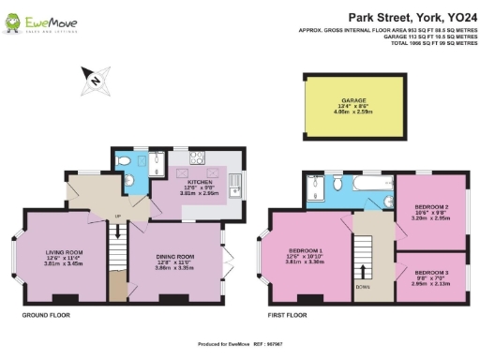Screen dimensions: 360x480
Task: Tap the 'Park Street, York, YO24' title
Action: [x=408, y=17]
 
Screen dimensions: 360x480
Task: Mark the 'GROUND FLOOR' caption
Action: [x=47, y=316]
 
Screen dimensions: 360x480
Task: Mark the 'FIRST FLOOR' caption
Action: [x=288, y=316]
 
